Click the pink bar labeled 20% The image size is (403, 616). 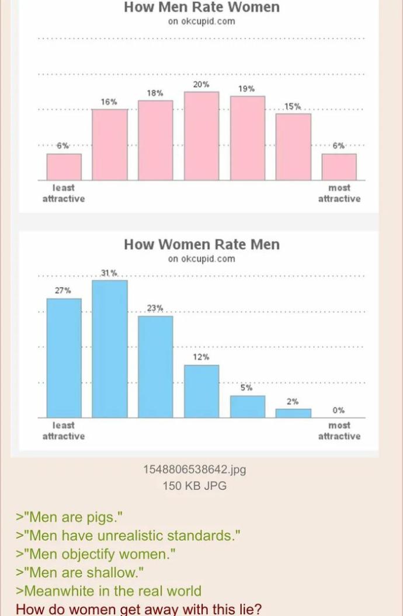[x=201, y=135]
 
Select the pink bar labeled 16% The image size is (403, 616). [x=110, y=144]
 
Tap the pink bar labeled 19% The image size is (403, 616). [x=247, y=138]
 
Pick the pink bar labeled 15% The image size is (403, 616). [x=293, y=147]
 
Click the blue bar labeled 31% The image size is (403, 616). [x=110, y=349]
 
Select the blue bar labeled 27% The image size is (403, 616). [x=64, y=358]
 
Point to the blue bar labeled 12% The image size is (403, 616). [x=201, y=391]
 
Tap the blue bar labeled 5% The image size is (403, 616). [x=247, y=406]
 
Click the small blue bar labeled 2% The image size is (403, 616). [x=293, y=413]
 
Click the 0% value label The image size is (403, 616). [x=339, y=410]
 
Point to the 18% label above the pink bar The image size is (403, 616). [x=155, y=93]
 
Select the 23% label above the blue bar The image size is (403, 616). [x=155, y=308]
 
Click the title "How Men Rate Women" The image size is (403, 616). [x=201, y=8]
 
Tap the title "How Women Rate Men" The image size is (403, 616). [x=201, y=244]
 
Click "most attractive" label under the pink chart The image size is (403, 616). [x=339, y=193]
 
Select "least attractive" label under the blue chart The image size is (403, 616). [x=64, y=431]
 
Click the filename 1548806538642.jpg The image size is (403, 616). [x=194, y=469]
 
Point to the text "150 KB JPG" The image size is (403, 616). [x=194, y=485]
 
